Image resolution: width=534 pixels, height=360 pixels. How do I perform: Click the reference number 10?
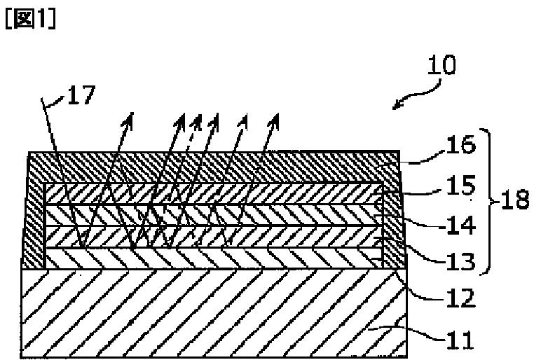441,64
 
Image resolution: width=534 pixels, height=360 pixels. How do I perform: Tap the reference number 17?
81,95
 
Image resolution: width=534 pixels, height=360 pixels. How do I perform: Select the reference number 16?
461,144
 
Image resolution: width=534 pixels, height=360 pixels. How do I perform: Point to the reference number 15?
461,186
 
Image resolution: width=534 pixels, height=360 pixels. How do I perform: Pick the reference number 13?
461,261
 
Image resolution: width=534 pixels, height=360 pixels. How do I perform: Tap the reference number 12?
461,298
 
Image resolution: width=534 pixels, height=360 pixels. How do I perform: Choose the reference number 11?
460,339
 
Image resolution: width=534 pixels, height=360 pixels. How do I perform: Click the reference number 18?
514,200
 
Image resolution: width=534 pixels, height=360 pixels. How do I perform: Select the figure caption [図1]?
30,19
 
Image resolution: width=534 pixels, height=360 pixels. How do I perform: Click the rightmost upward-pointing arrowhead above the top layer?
275,119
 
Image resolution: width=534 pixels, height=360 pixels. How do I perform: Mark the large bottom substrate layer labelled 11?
214,313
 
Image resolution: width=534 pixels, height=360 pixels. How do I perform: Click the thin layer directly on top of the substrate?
214,258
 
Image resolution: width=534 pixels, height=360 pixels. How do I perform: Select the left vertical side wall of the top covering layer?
34,225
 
